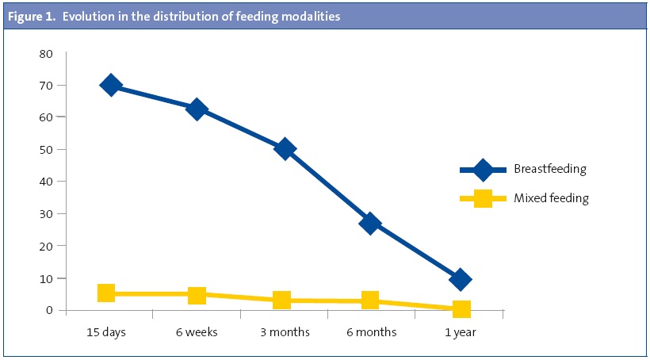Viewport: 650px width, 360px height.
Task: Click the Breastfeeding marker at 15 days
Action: [x=111, y=85]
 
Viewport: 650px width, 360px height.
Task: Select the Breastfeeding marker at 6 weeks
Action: [x=197, y=109]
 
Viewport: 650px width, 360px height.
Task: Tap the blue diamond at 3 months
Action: [x=285, y=149]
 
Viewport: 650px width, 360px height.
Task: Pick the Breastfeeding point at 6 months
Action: [x=370, y=224]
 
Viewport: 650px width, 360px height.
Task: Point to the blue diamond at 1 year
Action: [x=460, y=279]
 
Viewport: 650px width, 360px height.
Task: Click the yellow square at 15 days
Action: [x=107, y=293]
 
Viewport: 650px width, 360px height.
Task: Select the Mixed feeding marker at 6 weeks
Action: [x=197, y=295]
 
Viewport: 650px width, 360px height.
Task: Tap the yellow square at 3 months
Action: [x=282, y=300]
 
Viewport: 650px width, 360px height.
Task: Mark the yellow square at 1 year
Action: [x=461, y=308]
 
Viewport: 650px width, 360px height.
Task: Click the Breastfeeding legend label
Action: [x=549, y=169]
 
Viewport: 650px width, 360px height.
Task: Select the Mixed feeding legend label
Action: [x=551, y=198]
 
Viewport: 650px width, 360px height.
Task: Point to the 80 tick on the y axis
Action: [x=45, y=54]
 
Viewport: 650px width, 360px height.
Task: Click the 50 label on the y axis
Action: [x=45, y=150]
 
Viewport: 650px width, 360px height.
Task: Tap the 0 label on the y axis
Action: [x=48, y=310]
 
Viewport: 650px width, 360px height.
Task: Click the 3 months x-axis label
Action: [x=284, y=332]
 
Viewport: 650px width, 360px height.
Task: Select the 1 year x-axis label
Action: [x=460, y=332]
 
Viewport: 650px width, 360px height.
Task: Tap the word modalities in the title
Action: [x=312, y=17]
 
